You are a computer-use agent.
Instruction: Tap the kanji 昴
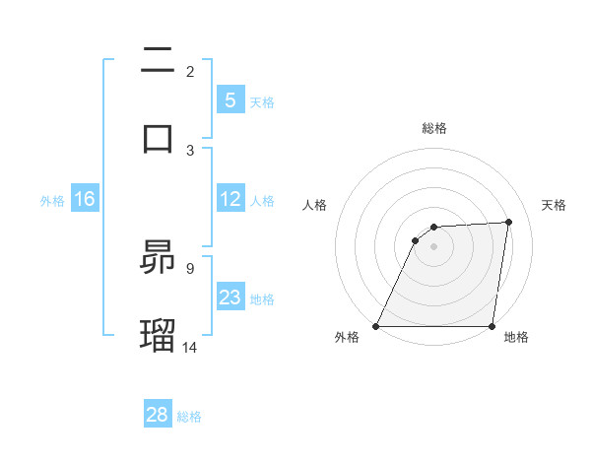click(159, 257)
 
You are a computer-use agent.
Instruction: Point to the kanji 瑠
click(159, 334)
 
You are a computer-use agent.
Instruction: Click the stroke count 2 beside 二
click(190, 72)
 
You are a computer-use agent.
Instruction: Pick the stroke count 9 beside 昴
click(190, 266)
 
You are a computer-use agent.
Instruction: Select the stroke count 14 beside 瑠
click(190, 347)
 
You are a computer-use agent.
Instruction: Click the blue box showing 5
click(230, 100)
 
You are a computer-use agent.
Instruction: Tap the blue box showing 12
click(230, 200)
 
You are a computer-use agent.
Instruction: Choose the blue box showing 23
click(230, 298)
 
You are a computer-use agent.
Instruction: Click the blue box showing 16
click(84, 200)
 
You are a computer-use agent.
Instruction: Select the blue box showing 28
click(157, 415)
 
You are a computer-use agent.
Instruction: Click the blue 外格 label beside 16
click(52, 201)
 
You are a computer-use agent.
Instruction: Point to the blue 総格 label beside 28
click(189, 417)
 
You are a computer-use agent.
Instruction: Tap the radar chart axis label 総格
click(434, 128)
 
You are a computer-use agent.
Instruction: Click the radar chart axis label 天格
click(554, 205)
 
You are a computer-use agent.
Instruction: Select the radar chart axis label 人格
click(314, 205)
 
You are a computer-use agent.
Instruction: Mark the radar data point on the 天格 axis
click(509, 222)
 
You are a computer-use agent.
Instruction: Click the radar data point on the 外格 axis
click(376, 326)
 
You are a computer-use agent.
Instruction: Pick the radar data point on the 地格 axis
click(492, 326)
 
